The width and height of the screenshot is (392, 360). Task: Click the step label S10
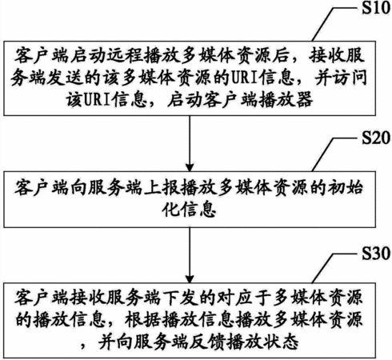click(376, 8)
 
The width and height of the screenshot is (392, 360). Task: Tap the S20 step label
click(376, 138)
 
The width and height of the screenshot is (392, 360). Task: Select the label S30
click(376, 254)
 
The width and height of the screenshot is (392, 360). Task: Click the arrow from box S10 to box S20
click(190, 143)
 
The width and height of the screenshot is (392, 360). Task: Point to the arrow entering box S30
click(190, 255)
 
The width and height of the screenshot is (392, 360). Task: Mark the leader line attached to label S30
click(334, 268)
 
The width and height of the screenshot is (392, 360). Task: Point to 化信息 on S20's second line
click(189, 210)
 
